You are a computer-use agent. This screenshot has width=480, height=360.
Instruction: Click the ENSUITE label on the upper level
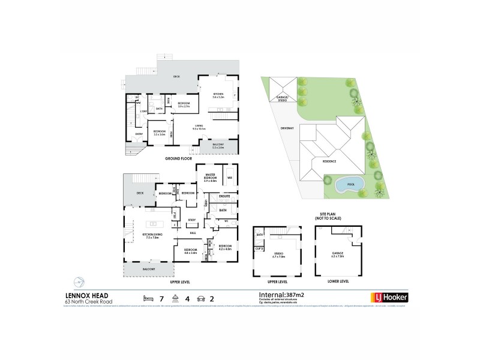[x=226, y=196]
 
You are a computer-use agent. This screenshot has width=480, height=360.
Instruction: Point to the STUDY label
[x=192, y=220]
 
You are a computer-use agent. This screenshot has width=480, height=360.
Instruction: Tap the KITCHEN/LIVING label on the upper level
[x=148, y=235]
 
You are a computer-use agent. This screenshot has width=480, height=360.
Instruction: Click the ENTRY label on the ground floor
[x=139, y=133]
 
